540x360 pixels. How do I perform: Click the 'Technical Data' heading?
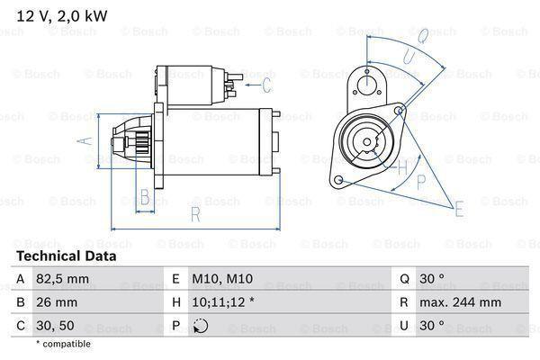(x=66, y=256)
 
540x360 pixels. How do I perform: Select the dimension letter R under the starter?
(x=194, y=214)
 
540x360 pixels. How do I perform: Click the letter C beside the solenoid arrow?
(x=266, y=85)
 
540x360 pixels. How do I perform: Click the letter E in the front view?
(x=459, y=211)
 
